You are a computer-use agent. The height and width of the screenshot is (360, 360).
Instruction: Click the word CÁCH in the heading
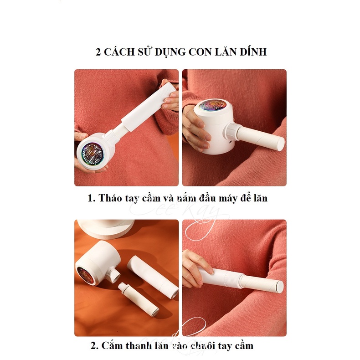tap(119, 52)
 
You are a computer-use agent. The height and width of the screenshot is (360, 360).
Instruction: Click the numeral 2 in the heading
tap(98, 52)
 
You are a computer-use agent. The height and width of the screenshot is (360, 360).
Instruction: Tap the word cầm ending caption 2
tap(242, 346)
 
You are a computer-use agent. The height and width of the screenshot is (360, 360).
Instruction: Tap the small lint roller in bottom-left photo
tap(137, 299)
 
